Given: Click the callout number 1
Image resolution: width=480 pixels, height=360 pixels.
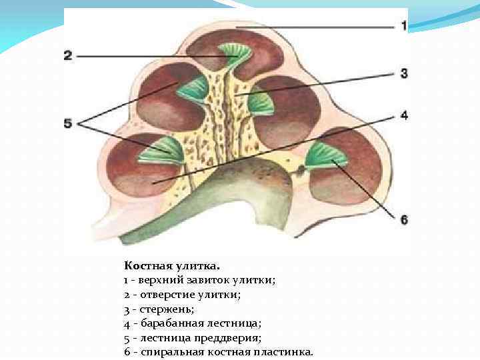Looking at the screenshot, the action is click(403, 26).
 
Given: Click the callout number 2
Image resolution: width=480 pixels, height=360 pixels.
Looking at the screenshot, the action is click(67, 56).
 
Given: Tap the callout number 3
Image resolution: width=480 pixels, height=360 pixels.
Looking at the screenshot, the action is click(403, 73).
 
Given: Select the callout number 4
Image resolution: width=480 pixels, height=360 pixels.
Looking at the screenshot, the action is click(403, 115).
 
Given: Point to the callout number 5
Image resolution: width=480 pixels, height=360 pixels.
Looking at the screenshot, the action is click(67, 123).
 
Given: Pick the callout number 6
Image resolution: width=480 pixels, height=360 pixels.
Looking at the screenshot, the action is click(403, 219).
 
